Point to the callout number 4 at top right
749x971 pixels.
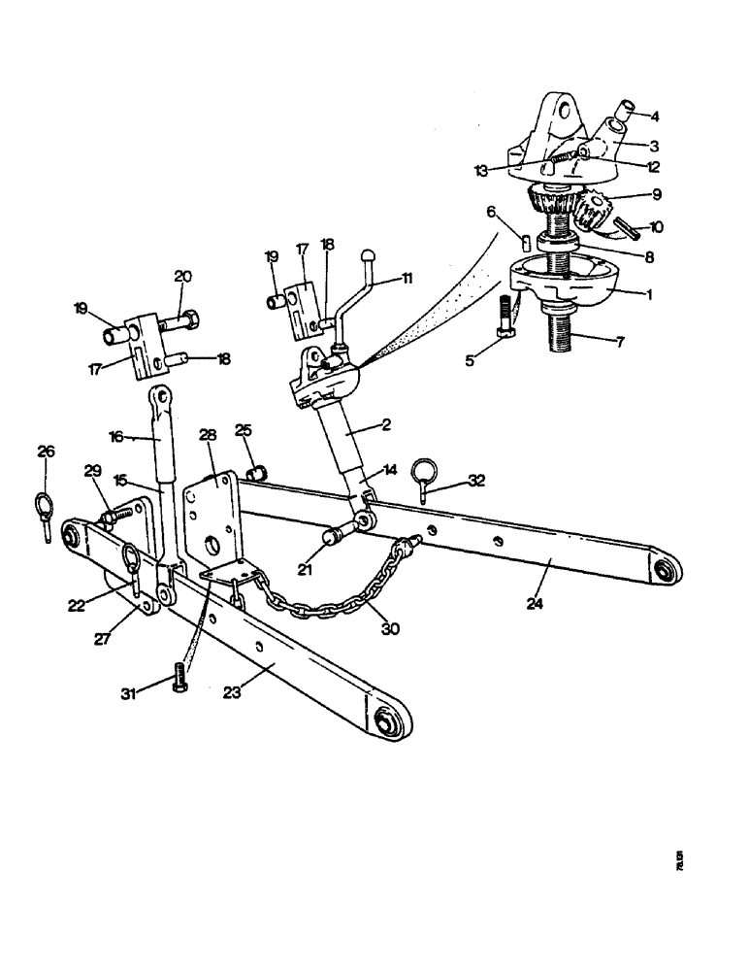pyautogui.click(x=655, y=117)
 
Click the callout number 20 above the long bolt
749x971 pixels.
pyautogui.click(x=182, y=277)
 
